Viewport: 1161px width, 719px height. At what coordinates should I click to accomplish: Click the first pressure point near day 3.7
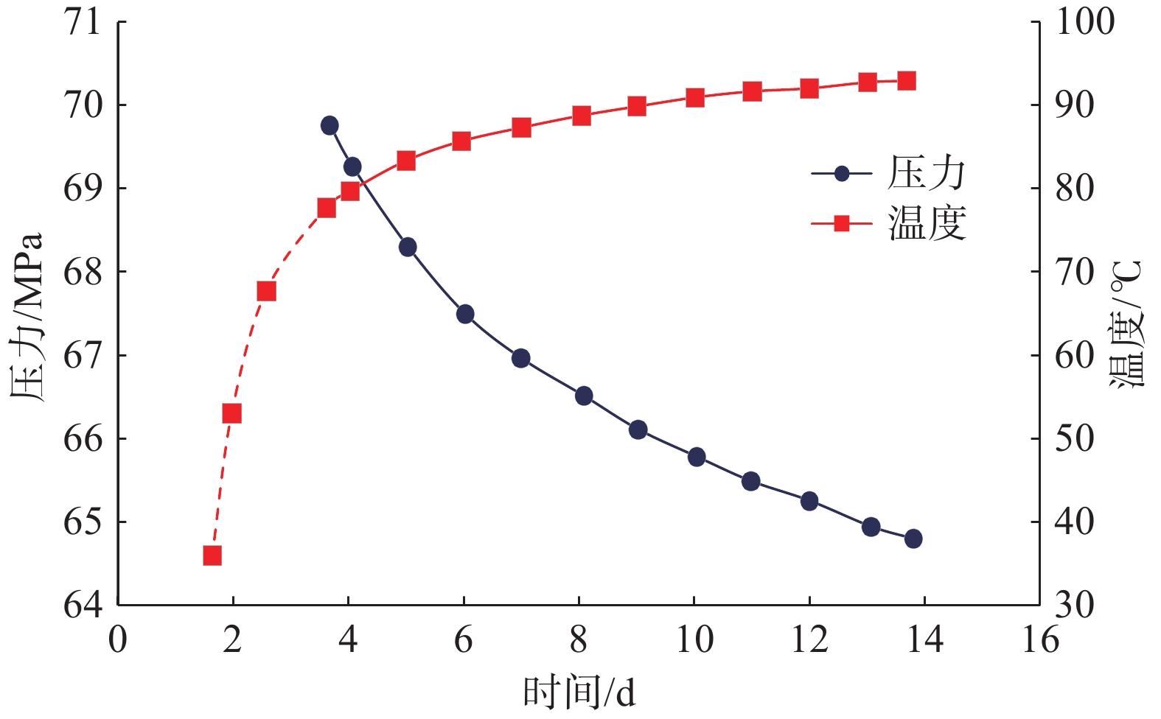[330, 125]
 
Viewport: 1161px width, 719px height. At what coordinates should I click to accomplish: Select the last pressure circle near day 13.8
[913, 539]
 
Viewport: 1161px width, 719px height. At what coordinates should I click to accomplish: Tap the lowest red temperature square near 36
[212, 555]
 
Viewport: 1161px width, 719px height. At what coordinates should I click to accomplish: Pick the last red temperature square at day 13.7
[907, 81]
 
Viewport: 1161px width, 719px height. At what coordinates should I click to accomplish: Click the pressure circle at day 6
[465, 315]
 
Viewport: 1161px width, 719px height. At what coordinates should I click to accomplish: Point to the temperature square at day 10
[695, 98]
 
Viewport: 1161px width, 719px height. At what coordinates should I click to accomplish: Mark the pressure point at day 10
[697, 457]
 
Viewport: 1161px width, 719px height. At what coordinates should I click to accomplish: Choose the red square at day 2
[232, 413]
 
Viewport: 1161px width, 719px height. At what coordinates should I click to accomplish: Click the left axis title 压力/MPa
[27, 317]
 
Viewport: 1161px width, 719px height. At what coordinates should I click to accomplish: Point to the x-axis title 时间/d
[579, 693]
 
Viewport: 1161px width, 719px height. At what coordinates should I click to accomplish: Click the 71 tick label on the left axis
[83, 22]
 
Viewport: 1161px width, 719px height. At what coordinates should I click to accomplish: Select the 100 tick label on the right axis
[1085, 22]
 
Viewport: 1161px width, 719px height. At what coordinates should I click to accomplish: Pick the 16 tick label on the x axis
[1040, 639]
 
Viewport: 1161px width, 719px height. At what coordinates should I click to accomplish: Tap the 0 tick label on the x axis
[118, 639]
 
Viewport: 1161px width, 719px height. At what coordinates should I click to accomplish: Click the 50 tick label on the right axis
[1075, 438]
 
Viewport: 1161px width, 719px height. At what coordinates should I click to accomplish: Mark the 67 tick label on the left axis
[83, 356]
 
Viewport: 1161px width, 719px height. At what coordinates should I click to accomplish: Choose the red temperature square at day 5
[406, 161]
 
